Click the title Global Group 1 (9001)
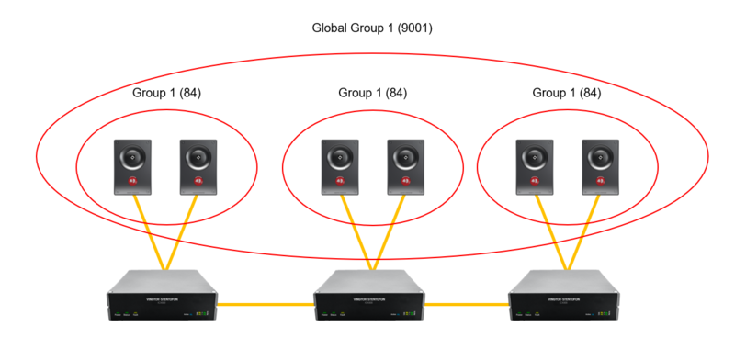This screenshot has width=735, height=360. pos(372,28)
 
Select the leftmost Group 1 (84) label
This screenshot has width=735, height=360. pos(164,93)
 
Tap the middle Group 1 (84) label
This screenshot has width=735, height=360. pos(373,93)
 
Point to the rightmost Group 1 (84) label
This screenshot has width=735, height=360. pos(567,93)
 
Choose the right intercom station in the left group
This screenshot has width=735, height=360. pos(198,166)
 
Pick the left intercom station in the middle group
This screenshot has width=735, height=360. pos(340,166)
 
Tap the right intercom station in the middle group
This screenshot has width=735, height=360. pos(405,166)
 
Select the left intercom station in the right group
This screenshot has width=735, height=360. pos(534,166)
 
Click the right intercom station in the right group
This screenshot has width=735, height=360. pos(600,166)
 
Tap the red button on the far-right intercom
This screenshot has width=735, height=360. pos(600,181)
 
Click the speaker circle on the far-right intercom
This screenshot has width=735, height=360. pos(600,157)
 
